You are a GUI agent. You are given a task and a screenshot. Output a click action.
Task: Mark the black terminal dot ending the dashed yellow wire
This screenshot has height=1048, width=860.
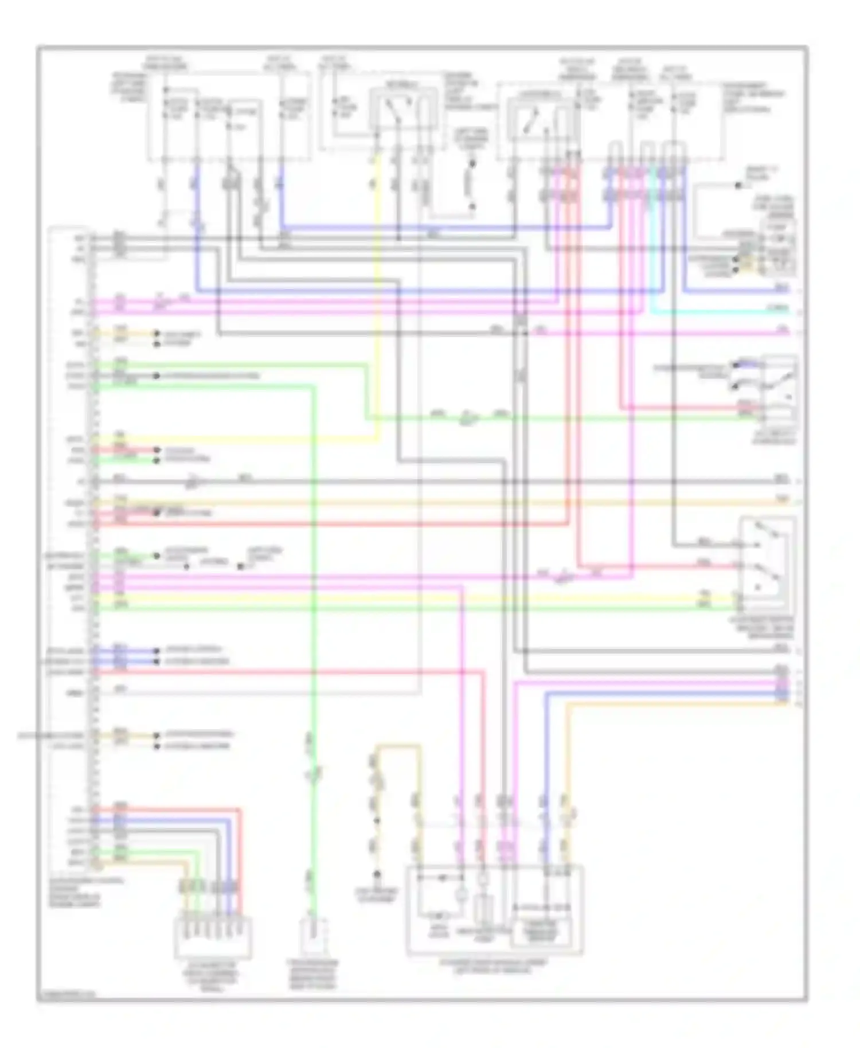(x=377, y=875)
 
